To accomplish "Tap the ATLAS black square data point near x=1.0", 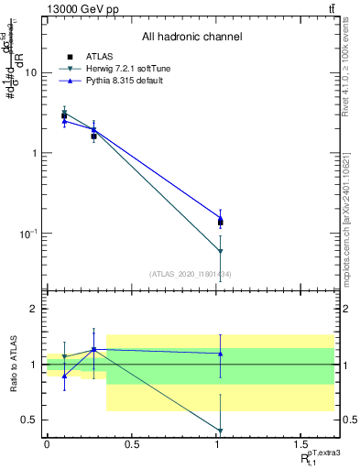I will (221, 222).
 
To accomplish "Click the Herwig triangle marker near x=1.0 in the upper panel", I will (221, 251).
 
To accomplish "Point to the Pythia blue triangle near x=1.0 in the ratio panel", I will (221, 354).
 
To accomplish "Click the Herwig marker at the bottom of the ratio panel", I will (221, 431).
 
